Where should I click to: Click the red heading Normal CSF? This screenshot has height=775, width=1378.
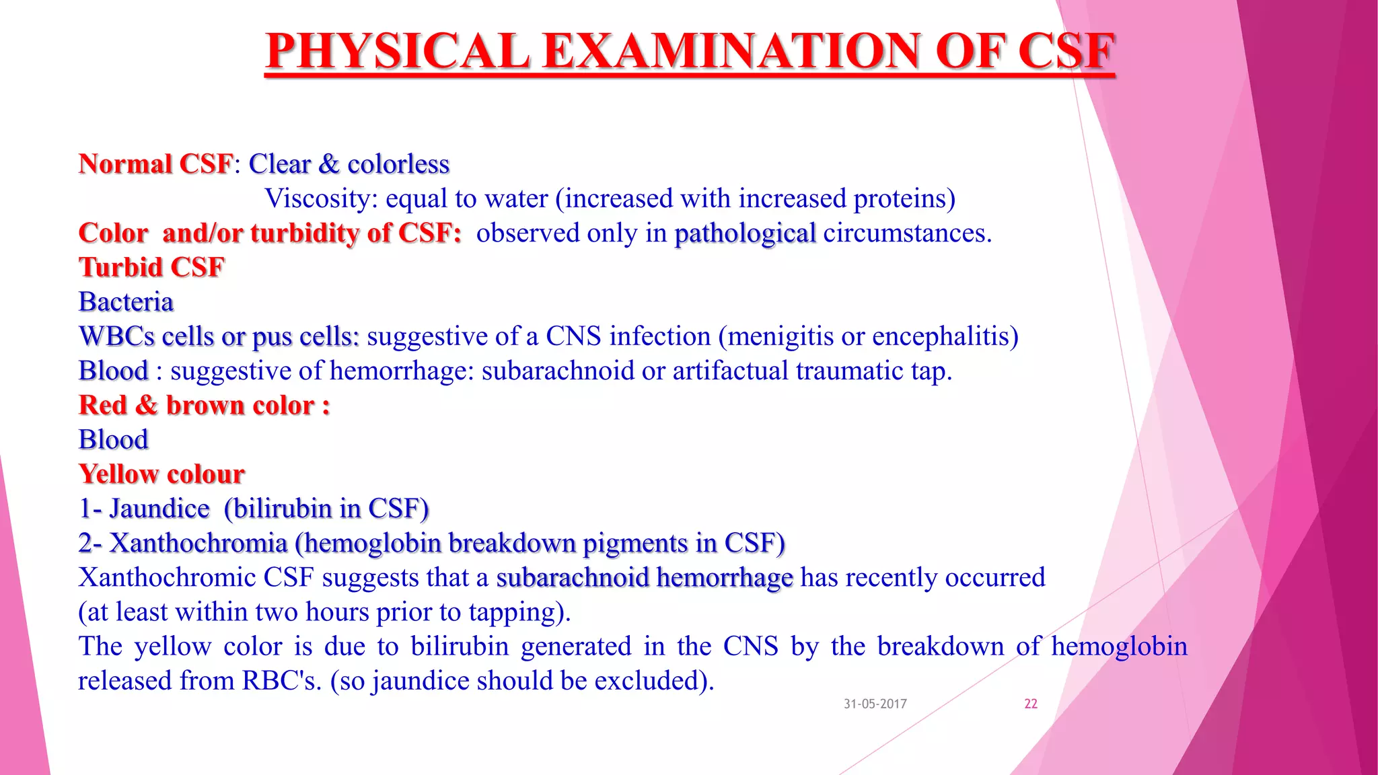tap(155, 164)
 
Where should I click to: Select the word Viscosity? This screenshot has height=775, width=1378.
tap(321, 198)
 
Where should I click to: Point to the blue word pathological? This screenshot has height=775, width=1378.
tap(745, 233)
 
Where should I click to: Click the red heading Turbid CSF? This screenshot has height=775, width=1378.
tap(151, 268)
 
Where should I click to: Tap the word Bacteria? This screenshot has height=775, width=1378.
tap(126, 302)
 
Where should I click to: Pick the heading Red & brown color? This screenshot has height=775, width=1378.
tap(204, 406)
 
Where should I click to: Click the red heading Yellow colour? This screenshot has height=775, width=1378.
tap(161, 474)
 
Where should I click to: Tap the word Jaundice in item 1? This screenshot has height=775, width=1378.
tap(159, 509)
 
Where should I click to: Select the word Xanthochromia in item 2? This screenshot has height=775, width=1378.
tap(198, 543)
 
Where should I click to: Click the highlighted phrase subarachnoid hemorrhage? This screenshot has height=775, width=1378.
tap(645, 578)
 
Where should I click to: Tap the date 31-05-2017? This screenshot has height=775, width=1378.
tap(875, 704)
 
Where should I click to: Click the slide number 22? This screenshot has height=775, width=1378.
tap(1030, 704)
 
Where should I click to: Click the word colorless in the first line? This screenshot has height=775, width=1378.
tap(398, 164)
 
